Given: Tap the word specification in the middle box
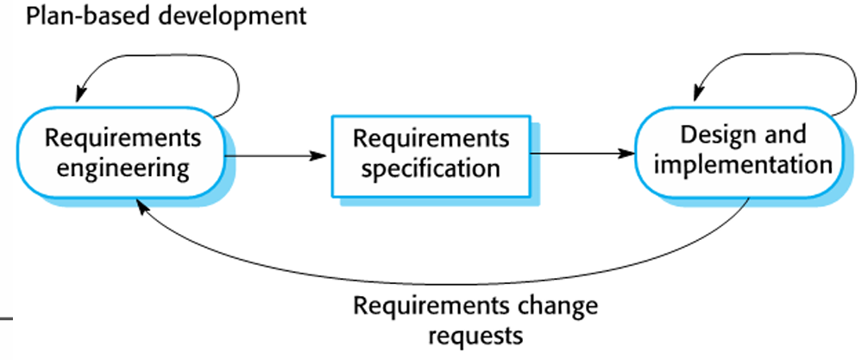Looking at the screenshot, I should tap(431, 167).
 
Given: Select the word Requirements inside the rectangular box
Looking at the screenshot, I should tap(431, 138).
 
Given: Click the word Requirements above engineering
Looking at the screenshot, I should tap(123, 138).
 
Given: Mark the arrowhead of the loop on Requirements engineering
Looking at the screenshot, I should tap(81, 97).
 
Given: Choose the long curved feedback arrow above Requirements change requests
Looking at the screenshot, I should tap(431, 281).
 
